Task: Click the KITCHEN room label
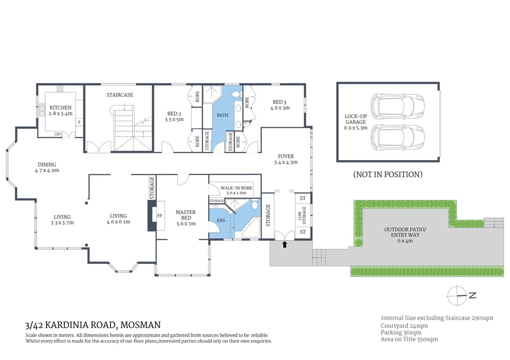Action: [x=61, y=107]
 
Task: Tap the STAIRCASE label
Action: [x=120, y=95]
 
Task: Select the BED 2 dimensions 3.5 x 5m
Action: [x=175, y=120]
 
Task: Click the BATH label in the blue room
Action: [x=222, y=115]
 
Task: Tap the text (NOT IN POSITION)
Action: [x=388, y=174]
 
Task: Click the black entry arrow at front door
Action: [x=285, y=244]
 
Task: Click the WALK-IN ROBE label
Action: [x=236, y=188]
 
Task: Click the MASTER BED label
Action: [x=185, y=212]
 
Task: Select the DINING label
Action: [x=47, y=164]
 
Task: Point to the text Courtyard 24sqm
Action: [x=404, y=325]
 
